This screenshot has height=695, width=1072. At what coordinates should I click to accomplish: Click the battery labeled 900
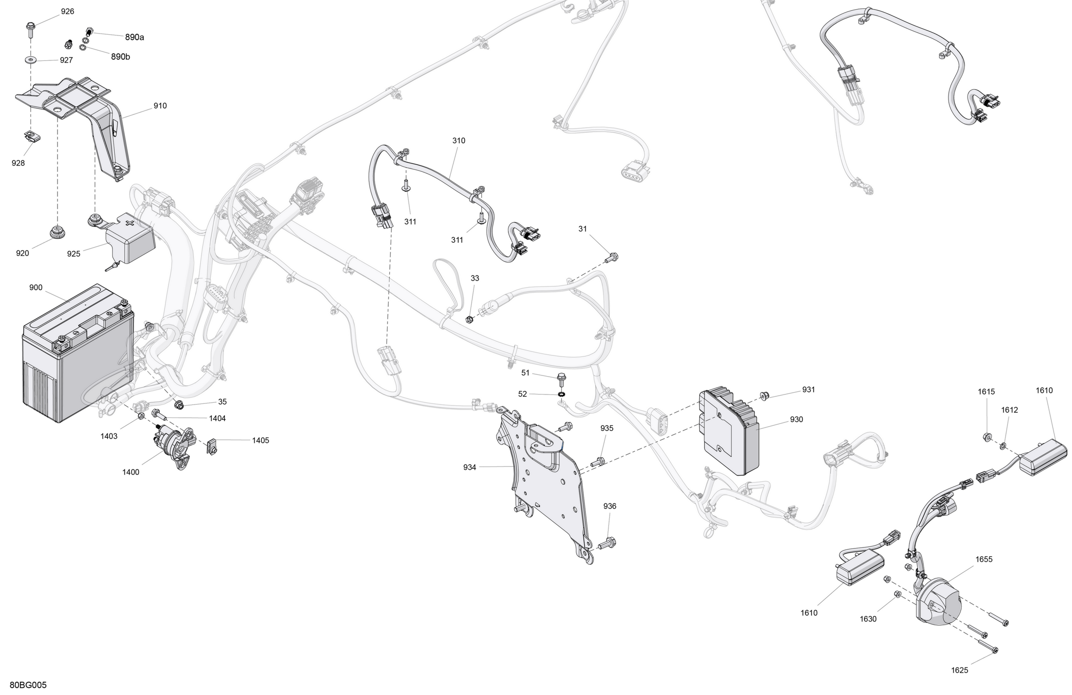[x=78, y=354]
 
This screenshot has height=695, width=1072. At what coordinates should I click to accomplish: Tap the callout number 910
[x=160, y=106]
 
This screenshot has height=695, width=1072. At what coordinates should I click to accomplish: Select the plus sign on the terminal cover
[x=130, y=223]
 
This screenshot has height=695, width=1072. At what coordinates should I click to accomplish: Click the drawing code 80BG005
[x=28, y=685]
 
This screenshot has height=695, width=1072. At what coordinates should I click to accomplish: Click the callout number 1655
[x=984, y=560]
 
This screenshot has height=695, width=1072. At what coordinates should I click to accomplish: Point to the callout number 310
[x=458, y=140]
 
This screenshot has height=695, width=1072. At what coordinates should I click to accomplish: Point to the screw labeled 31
[x=612, y=258]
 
